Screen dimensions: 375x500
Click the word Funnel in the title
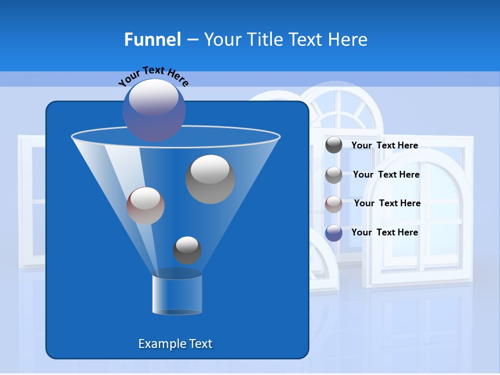(152, 40)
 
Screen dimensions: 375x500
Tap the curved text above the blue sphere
(153, 76)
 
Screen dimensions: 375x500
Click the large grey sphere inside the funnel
(210, 179)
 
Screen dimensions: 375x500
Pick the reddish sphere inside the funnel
(145, 206)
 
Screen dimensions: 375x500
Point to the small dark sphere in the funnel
(187, 250)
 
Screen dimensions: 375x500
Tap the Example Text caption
(175, 344)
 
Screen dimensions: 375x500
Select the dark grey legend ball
(333, 145)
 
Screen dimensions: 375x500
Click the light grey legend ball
(333, 175)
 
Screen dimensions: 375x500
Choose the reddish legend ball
(333, 204)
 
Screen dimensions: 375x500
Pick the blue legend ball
(333, 232)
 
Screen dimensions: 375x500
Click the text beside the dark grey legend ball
(384, 145)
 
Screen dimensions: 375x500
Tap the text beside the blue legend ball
(384, 232)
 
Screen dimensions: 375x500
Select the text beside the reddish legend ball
(387, 203)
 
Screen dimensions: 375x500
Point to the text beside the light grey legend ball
(386, 174)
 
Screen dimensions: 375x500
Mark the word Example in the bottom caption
(158, 344)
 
